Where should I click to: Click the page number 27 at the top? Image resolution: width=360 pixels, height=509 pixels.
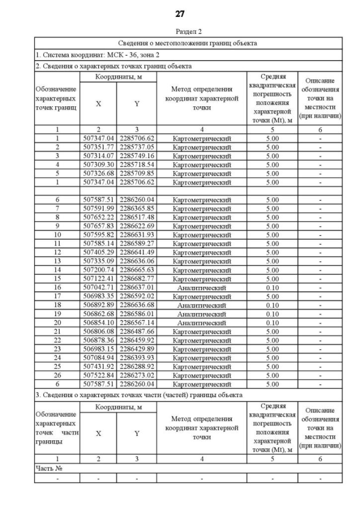179,13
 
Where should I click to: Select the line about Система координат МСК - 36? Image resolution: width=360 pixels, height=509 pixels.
98,55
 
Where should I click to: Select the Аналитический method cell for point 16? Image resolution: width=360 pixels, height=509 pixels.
201,287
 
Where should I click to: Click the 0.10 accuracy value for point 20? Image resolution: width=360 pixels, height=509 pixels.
272,323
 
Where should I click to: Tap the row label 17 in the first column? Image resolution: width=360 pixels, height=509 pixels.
57,296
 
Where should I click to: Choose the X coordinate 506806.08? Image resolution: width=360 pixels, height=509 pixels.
98,331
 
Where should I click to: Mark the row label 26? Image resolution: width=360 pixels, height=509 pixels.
57,375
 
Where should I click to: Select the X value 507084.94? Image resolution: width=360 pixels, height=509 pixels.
98,358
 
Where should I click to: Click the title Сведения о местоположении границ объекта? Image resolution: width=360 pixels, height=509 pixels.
188,43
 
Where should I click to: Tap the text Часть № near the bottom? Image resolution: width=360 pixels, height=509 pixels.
48,468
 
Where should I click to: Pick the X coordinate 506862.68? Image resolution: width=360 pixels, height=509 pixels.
98,314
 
